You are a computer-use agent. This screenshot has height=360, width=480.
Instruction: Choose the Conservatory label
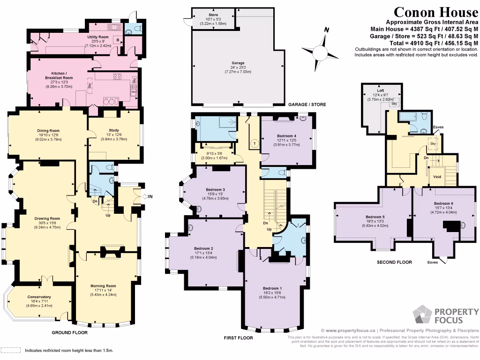pyautogui.click(x=39, y=297)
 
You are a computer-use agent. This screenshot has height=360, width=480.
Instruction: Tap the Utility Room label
pyautogui.click(x=98, y=37)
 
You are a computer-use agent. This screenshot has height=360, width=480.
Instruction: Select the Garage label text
pyautogui.click(x=238, y=63)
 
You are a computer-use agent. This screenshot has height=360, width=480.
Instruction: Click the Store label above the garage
pyautogui.click(x=213, y=15)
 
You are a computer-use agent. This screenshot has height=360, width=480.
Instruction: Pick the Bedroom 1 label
pyautogui.click(x=272, y=288)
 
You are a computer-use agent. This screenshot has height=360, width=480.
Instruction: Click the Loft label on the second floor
pyautogui.click(x=374, y=90)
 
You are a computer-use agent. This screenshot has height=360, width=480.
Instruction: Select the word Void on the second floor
pyautogui.click(x=437, y=177)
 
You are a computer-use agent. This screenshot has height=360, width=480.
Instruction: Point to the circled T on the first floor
pyautogui.click(x=254, y=143)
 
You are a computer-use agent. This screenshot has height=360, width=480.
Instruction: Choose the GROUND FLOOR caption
pyautogui.click(x=70, y=333)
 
